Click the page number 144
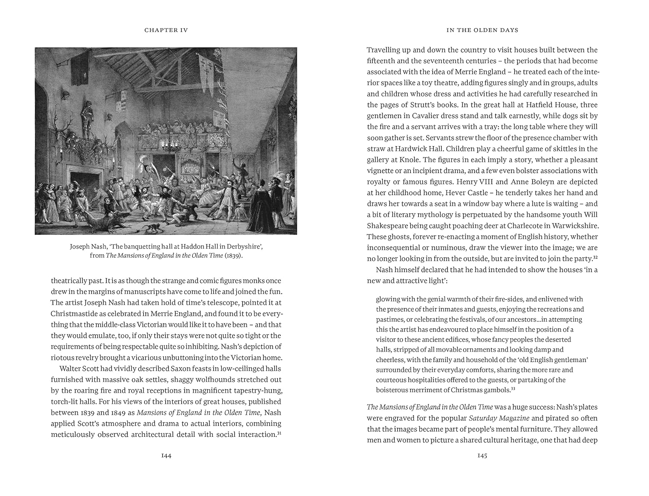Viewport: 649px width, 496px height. pos(166,455)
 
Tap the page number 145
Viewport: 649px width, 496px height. pos(482,455)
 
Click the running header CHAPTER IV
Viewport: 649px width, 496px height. pos(166,30)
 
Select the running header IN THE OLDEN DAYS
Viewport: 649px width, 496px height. pos(482,30)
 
